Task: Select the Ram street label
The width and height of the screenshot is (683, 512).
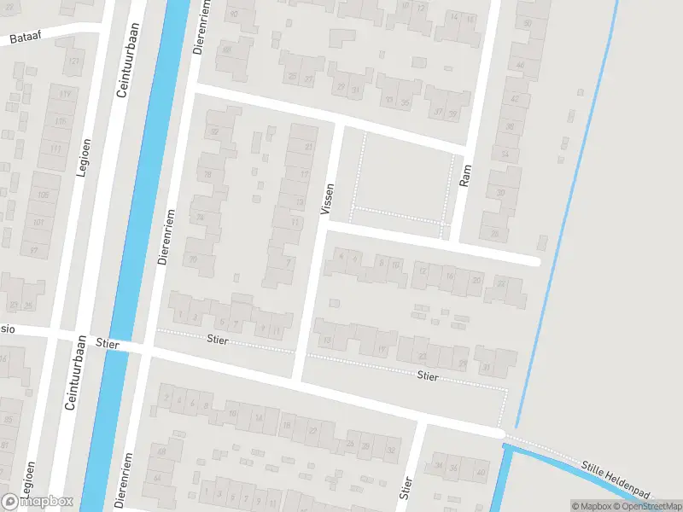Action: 465,176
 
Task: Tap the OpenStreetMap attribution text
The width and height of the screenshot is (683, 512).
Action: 649,506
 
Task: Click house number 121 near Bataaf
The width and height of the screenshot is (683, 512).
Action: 73,61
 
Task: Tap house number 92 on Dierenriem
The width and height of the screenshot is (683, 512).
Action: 214,131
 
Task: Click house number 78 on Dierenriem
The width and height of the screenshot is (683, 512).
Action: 207,175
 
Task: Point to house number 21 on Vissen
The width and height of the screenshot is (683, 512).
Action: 308,147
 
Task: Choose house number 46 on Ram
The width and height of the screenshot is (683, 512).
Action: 520,65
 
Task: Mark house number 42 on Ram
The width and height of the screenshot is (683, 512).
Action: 514,99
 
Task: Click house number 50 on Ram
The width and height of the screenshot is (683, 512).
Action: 528,24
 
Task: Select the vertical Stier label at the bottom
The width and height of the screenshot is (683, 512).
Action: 406,489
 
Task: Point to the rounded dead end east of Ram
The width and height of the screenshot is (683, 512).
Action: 536,261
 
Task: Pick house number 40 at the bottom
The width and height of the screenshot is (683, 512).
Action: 480,472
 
